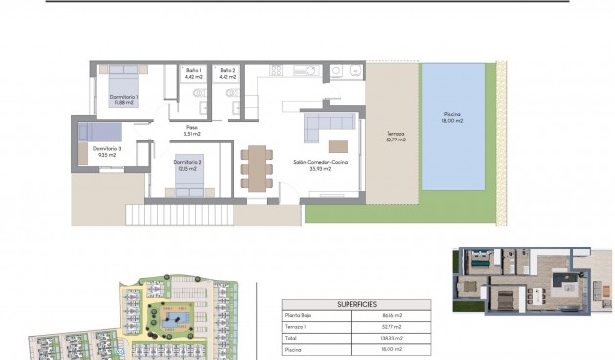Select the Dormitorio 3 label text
click(x=105, y=151)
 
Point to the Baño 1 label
click(x=193, y=72)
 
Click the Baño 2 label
click(x=226, y=72)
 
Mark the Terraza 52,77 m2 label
click(x=395, y=137)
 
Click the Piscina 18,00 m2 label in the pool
click(x=451, y=116)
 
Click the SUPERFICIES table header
click(x=356, y=303)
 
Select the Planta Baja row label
click(x=298, y=316)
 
